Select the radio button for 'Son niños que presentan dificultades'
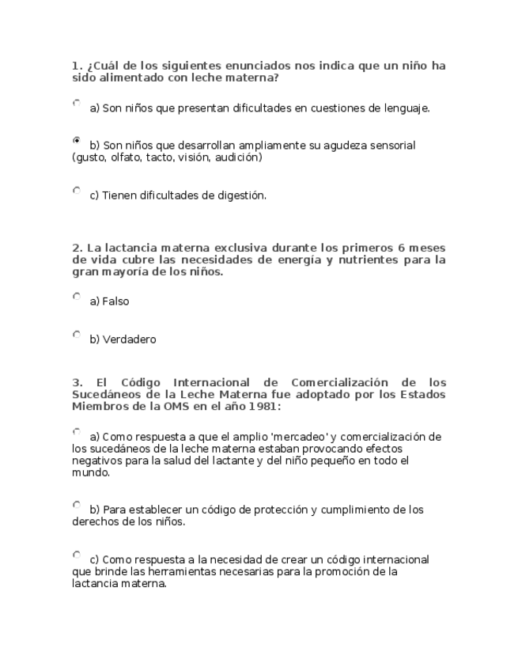(77, 103)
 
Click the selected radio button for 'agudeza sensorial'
(77, 140)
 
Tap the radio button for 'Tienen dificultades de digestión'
(77, 190)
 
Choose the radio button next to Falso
(77, 297)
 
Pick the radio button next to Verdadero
(77, 335)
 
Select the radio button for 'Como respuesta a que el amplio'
(77, 432)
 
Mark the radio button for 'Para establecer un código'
(77, 505)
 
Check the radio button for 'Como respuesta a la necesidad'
(77, 555)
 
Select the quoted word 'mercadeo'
(300, 437)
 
